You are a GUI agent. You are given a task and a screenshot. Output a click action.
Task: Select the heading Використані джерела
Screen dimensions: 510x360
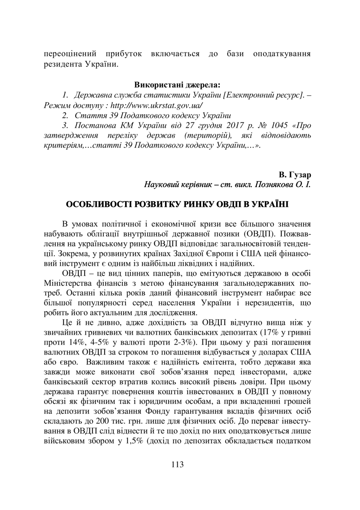pos(177,85)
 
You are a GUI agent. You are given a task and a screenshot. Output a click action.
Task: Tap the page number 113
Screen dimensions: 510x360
pos(177,465)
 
